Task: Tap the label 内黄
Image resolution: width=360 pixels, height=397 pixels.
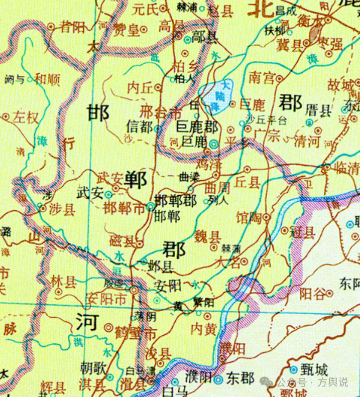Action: pos(203,329)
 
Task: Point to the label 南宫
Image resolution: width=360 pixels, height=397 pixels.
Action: pos(261,78)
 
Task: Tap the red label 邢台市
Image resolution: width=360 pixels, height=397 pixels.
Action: pos(154,111)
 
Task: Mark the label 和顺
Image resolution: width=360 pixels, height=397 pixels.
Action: pos(48,79)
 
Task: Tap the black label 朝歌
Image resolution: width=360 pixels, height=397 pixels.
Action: pos(93,368)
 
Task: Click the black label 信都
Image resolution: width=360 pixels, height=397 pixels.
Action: pos(139,127)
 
